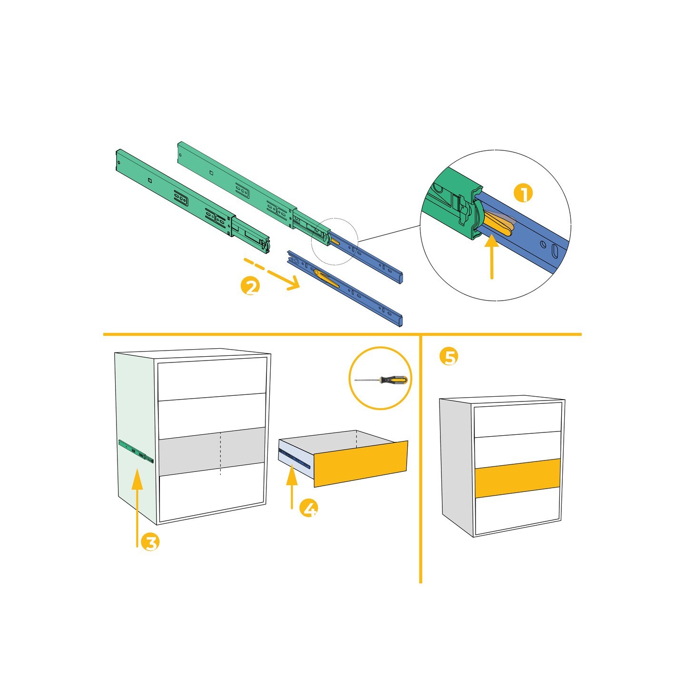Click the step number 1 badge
(523, 194)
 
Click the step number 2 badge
(250, 286)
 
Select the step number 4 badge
(309, 509)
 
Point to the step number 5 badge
(449, 357)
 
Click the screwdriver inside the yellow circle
(381, 380)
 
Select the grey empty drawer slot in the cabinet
(211, 451)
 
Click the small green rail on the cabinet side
(136, 451)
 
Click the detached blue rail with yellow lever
(345, 288)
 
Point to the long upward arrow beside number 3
(137, 508)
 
